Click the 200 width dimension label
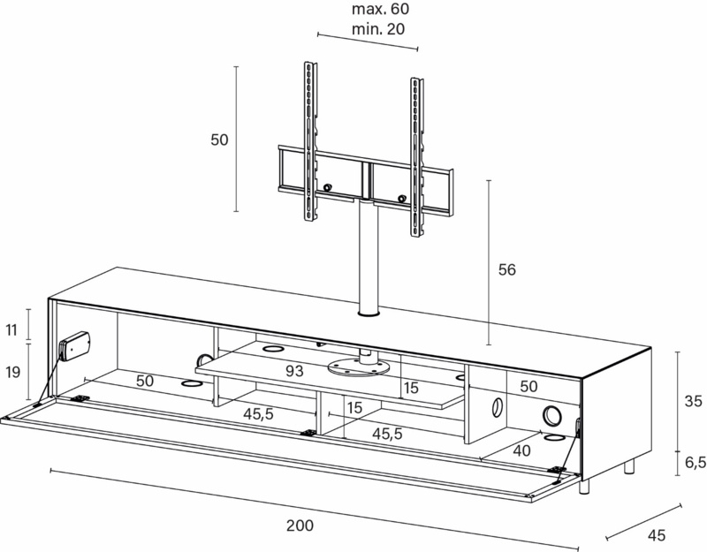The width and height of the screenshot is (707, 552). pos(300,525)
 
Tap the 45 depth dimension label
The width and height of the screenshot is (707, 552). pos(655,535)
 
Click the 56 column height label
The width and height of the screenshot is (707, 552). pos(506,269)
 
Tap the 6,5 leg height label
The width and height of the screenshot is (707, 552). pos(690,459)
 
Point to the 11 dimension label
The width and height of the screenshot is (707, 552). pos(12,330)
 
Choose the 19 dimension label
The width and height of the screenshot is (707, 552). pos(12,373)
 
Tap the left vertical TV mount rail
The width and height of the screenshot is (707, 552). pos(310,141)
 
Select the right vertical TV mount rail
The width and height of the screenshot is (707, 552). pos(414,157)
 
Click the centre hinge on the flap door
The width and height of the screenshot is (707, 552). pos(308,432)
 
